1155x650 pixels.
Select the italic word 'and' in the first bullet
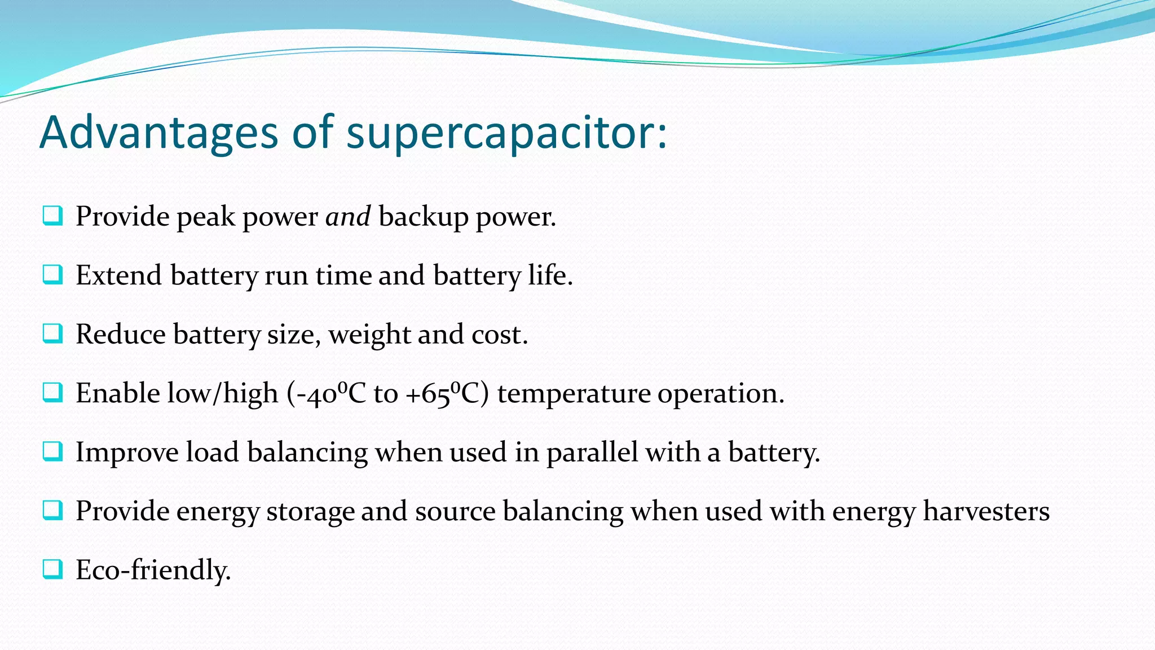[348, 217]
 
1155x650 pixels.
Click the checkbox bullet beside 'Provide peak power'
[52, 216]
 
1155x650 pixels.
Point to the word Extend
[119, 275]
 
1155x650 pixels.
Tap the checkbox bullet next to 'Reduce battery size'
[52, 333]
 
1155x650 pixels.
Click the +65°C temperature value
[446, 393]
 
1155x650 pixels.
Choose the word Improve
[127, 453]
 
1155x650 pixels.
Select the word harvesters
[986, 511]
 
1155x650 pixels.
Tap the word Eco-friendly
[153, 570]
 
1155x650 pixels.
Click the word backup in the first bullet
[423, 217]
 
